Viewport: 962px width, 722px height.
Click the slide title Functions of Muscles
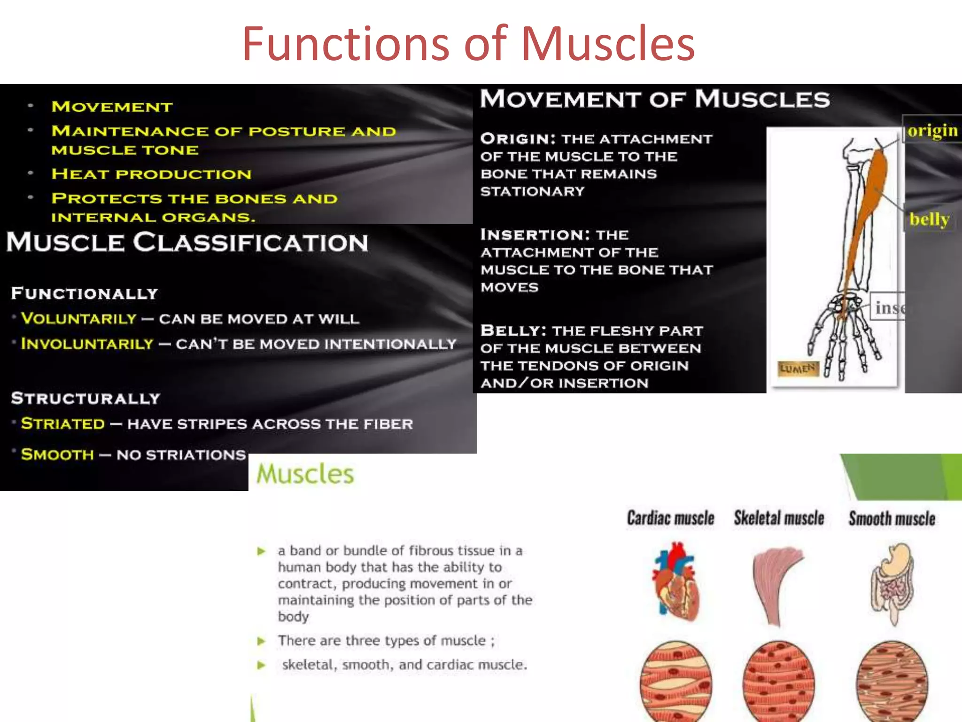(468, 44)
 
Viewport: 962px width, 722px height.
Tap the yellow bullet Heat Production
(151, 174)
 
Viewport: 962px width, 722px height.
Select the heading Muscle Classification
(187, 243)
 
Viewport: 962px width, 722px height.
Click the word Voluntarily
(79, 319)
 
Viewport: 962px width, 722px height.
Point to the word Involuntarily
(87, 344)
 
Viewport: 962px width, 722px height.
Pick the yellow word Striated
(63, 424)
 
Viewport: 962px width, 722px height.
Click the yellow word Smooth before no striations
(57, 455)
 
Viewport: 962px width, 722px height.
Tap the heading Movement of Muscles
(655, 99)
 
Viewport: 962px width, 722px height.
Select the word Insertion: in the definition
(535, 235)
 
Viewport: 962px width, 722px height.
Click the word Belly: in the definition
(513, 330)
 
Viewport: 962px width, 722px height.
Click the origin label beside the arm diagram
(932, 130)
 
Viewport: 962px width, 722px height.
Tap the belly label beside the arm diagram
(929, 219)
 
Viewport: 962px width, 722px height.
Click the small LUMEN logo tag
(798, 369)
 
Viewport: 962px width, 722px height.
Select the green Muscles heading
(305, 474)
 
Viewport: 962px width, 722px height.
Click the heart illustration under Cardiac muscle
(675, 581)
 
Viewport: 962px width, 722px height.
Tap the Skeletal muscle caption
(779, 518)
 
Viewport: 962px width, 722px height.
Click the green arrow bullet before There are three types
(262, 641)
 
